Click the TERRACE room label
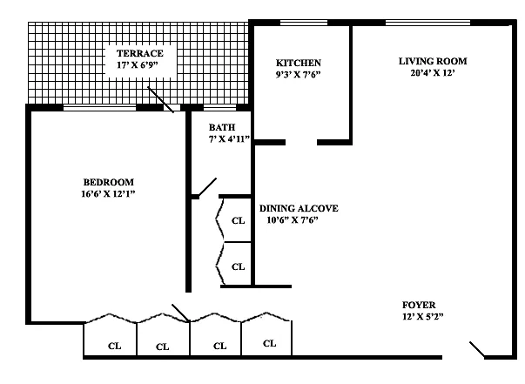(x=140, y=53)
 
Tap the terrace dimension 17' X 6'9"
(x=138, y=65)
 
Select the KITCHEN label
(x=299, y=63)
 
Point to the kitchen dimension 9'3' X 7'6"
(x=298, y=74)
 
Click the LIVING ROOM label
(x=433, y=61)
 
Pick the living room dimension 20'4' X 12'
(x=433, y=72)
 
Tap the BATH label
(x=222, y=127)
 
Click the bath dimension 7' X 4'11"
(x=229, y=138)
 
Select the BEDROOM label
(x=109, y=182)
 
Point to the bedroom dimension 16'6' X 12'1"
(x=108, y=194)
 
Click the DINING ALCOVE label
(x=299, y=208)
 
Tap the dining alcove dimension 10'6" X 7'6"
(x=293, y=220)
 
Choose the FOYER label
(x=419, y=305)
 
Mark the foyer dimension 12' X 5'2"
(x=423, y=316)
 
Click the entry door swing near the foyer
(x=477, y=349)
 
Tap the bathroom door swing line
(x=207, y=187)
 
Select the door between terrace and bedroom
(x=161, y=100)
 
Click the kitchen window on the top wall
(x=304, y=23)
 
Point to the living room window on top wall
(x=427, y=23)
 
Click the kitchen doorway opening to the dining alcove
(x=301, y=142)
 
